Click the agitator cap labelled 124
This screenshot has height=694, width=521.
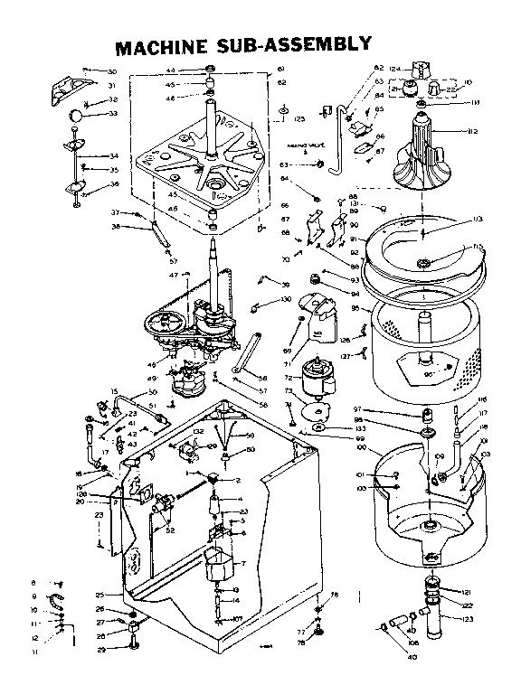[421, 69]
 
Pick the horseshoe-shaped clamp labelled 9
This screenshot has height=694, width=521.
[55, 600]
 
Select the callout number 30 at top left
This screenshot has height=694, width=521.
[112, 71]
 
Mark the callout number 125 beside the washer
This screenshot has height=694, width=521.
[298, 117]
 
